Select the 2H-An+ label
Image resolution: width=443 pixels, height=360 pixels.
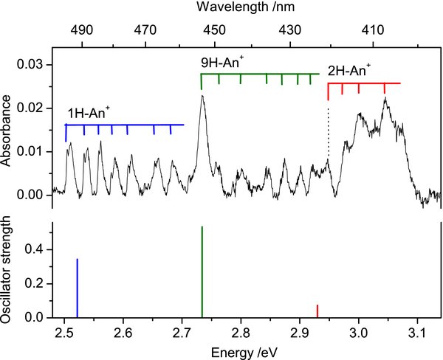point(348,72)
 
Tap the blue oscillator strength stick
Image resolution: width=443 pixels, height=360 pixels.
point(77,288)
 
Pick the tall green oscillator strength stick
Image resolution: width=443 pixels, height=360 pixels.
point(202,272)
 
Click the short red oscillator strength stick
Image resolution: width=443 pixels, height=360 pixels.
point(317,311)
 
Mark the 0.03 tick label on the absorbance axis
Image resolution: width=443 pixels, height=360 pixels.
point(34,65)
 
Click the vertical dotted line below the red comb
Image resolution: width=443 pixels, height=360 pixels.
point(329,133)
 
